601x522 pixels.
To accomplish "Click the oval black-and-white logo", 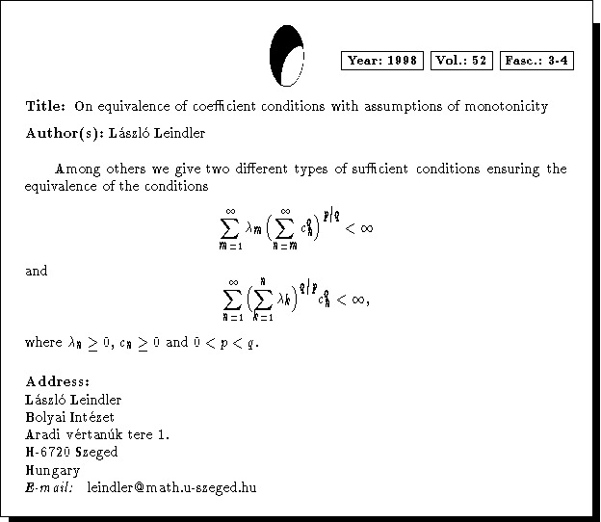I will click(287, 55).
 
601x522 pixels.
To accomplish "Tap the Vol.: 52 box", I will click(462, 61).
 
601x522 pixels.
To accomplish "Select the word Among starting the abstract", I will click(75, 169).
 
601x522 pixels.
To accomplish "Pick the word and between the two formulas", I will click(36, 271).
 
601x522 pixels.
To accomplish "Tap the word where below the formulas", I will click(42, 342).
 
